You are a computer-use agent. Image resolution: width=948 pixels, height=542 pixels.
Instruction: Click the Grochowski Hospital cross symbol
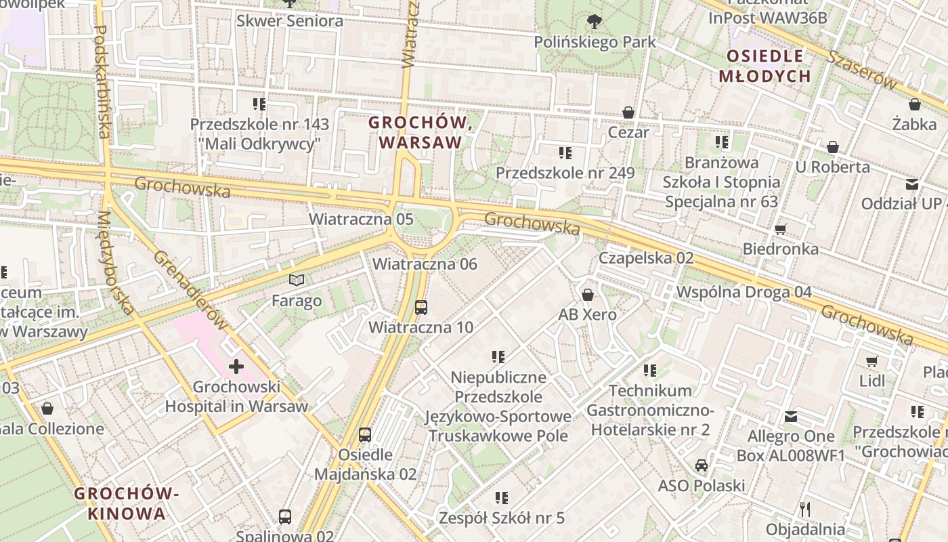click(236, 367)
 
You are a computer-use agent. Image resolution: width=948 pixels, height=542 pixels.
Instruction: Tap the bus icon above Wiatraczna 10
click(421, 308)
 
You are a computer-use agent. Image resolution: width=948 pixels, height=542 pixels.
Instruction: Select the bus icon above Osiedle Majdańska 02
click(365, 434)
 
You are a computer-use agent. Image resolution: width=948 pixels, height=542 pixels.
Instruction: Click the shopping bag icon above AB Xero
click(587, 295)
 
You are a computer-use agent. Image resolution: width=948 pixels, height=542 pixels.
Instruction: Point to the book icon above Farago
click(297, 280)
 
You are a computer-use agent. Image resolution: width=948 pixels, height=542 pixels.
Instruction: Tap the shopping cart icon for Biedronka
click(780, 229)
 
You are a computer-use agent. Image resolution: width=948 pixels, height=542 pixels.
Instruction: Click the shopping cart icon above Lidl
click(872, 361)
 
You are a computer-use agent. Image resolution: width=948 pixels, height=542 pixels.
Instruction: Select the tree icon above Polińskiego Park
click(595, 22)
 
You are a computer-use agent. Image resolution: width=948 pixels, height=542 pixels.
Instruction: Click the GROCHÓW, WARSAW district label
click(420, 133)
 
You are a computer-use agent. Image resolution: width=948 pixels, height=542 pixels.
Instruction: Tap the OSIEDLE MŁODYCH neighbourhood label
click(764, 66)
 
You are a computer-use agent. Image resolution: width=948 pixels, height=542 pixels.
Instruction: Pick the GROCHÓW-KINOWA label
click(127, 503)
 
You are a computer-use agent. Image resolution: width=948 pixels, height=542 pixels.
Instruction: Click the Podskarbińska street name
click(102, 81)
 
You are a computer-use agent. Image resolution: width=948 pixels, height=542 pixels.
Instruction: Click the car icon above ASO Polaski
click(702, 465)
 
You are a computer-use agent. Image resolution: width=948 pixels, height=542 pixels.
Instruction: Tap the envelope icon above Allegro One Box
click(790, 417)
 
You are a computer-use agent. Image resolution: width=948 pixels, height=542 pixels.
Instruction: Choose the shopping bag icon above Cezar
click(628, 112)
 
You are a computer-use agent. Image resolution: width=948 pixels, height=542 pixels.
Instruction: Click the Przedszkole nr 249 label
click(565, 173)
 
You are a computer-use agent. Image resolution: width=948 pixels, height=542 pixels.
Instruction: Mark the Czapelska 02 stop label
click(646, 258)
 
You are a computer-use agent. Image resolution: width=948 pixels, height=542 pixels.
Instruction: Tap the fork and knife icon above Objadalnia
click(805, 509)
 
